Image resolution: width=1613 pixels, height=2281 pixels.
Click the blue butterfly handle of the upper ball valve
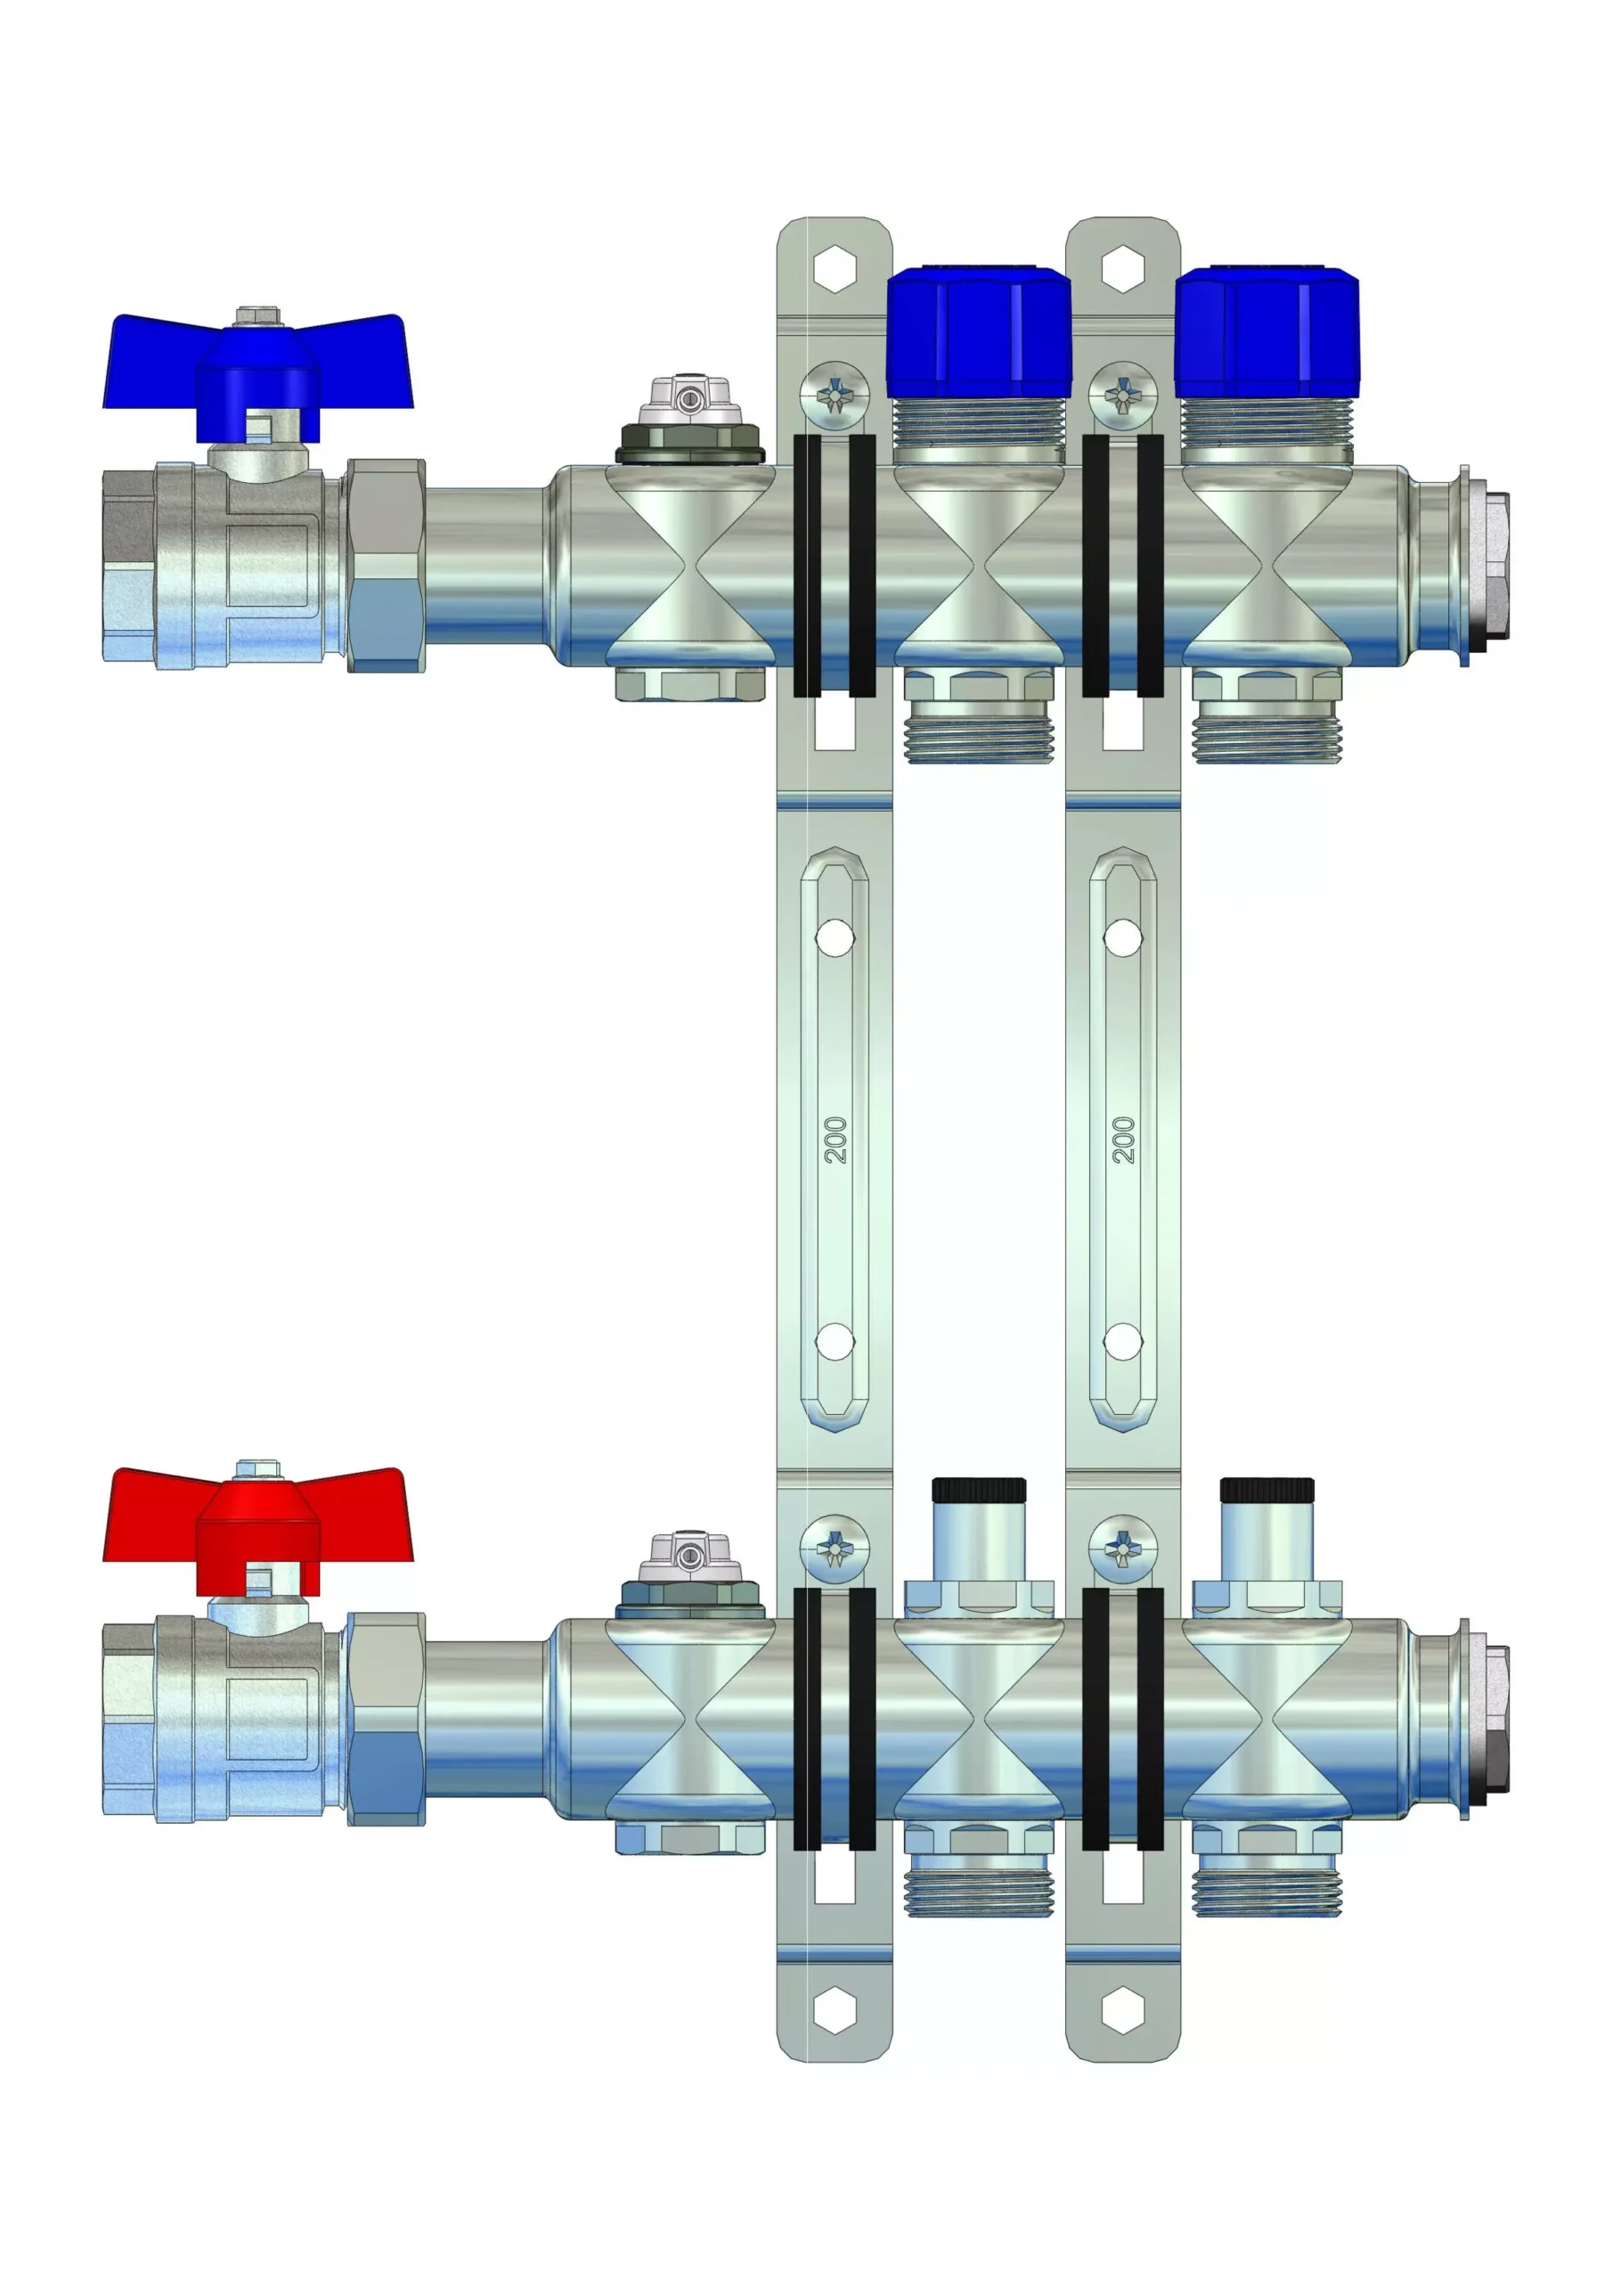(x=258, y=372)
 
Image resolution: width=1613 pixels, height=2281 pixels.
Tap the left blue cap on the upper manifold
(x=978, y=331)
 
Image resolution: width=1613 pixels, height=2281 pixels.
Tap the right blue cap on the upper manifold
(x=1267, y=331)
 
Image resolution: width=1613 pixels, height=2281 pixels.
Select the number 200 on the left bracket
(x=835, y=1140)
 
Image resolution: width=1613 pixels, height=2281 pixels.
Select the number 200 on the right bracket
(x=1123, y=1140)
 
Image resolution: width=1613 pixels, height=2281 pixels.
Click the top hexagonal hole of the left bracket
(x=835, y=268)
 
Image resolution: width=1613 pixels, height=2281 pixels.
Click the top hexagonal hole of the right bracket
(x=1123, y=268)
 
